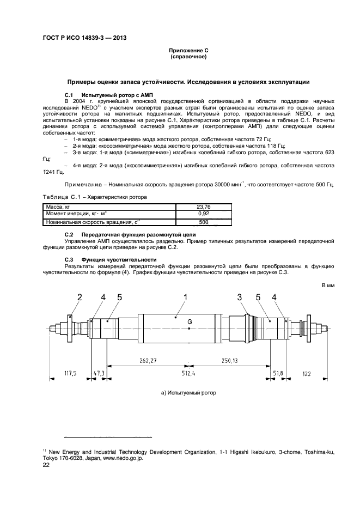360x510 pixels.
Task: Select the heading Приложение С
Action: pyautogui.click(x=188, y=50)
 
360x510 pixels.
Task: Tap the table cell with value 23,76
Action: pyautogui.click(x=203, y=207)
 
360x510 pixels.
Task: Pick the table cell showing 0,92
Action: pyautogui.click(x=203, y=214)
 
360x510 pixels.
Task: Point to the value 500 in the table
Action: pyautogui.click(x=203, y=222)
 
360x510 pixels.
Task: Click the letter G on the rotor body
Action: pyautogui.click(x=189, y=323)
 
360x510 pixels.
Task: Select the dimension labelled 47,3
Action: pyautogui.click(x=99, y=373)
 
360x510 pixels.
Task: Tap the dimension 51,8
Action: pyautogui.click(x=278, y=373)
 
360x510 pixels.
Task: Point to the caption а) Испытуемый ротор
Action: pyautogui.click(x=188, y=392)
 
